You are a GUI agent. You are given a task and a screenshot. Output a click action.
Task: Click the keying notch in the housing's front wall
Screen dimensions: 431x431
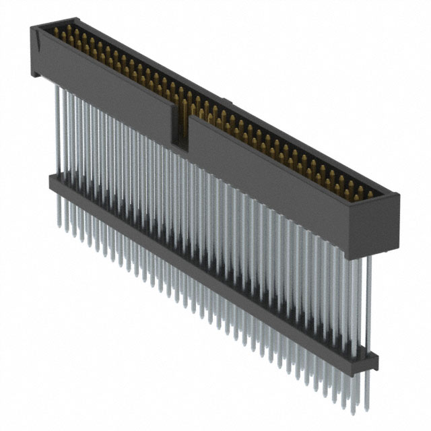[180, 128]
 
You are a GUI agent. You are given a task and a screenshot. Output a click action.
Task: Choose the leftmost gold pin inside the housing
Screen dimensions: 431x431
[57, 30]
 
